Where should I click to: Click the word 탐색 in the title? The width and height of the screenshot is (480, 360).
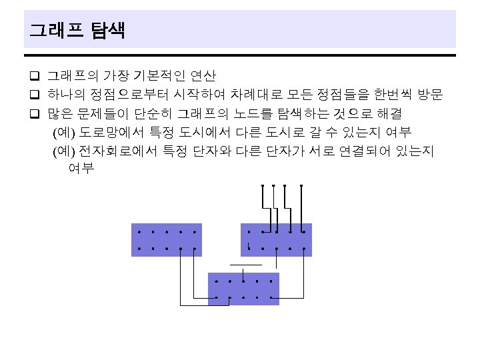pos(108,30)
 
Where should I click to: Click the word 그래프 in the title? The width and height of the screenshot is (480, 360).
pos(56,30)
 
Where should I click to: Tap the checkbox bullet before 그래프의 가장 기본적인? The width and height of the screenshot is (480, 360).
pos(35,75)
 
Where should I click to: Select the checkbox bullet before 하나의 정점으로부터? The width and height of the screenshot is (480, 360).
pos(35,94)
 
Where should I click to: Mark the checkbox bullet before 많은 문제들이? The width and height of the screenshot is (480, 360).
pos(35,113)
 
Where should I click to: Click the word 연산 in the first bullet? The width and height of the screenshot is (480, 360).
pos(203,75)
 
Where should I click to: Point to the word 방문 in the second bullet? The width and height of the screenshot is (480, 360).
pos(431,94)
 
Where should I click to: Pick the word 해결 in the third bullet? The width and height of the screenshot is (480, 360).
pos(389,113)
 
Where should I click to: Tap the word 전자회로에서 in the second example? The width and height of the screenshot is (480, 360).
pos(118,151)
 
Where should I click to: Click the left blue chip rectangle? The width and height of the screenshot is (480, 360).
pos(167,240)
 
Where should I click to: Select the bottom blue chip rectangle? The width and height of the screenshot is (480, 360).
pos(244,289)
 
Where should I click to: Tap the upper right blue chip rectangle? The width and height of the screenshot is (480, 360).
pos(277,240)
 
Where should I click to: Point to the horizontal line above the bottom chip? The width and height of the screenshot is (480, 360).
pos(246,265)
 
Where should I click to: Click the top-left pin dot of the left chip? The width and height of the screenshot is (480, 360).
pos(139,232)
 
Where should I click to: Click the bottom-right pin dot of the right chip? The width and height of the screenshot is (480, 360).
pos(304,249)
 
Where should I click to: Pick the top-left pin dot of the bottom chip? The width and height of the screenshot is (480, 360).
pos(217,281)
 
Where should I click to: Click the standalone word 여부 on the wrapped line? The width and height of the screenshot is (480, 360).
pos(81,168)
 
